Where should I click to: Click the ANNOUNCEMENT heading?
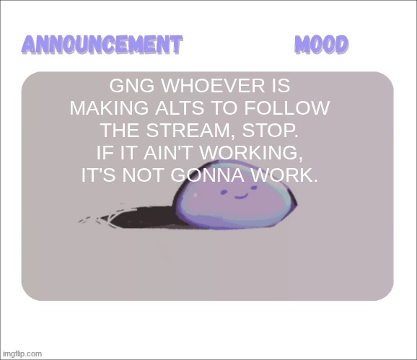point(101,44)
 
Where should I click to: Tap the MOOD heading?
point(322,44)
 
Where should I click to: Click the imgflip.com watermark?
point(22,354)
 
